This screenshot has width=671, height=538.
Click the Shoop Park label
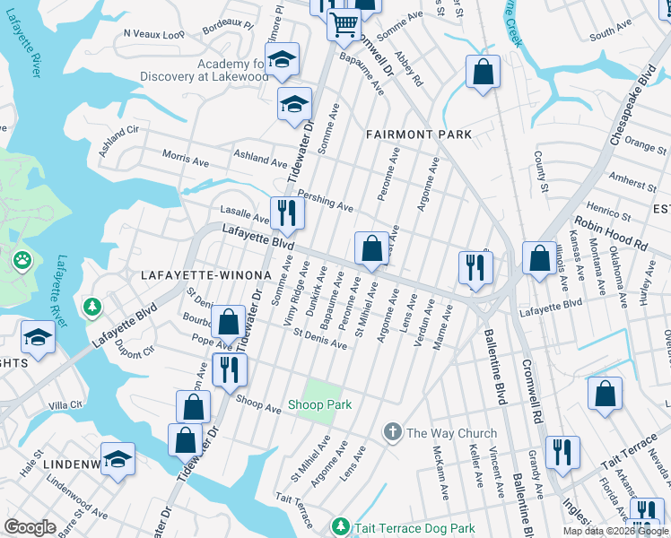point(319,405)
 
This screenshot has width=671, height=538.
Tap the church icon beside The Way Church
point(392,433)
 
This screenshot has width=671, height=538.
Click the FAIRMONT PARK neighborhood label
point(419,134)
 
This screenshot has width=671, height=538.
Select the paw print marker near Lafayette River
point(22,261)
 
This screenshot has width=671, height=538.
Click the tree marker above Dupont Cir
point(91,308)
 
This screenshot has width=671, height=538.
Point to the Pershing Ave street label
point(325,200)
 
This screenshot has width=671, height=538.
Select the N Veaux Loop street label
point(153,33)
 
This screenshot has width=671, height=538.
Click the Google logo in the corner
point(30,527)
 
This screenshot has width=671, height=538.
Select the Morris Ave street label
point(185,159)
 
